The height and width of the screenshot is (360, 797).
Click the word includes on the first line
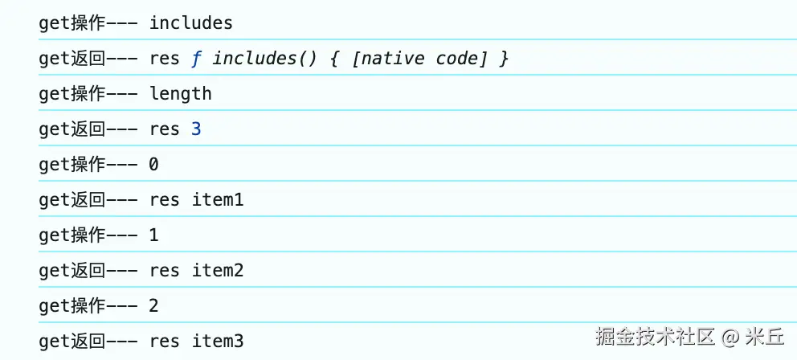[x=190, y=22]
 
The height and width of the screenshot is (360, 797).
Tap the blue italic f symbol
[x=196, y=59]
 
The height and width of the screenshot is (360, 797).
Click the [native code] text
[x=419, y=59]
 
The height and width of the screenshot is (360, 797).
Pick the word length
[x=181, y=94]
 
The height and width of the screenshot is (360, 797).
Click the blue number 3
[x=196, y=129]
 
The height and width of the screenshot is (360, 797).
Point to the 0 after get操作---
[x=153, y=165]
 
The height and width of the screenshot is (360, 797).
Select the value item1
[x=218, y=200]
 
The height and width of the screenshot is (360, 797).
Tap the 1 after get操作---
[x=153, y=235]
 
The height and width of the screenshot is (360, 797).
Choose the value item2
[x=218, y=271]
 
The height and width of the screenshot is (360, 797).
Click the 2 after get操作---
[x=153, y=306]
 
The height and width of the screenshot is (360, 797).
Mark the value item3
[x=218, y=342]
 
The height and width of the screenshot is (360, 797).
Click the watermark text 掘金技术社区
[x=655, y=337]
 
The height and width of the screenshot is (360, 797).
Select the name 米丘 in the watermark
[x=765, y=337]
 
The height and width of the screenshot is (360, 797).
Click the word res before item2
[x=165, y=271]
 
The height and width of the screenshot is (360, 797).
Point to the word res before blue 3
[x=165, y=129]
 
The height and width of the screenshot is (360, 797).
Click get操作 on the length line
[x=72, y=94]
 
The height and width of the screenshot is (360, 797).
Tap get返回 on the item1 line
[x=72, y=200]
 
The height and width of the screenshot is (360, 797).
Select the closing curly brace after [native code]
[x=503, y=59]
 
